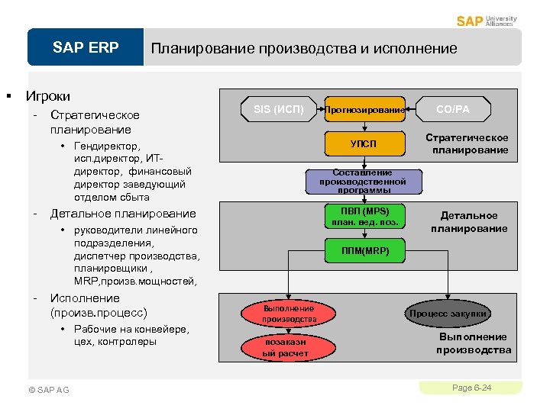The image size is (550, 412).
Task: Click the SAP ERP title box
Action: (86, 48)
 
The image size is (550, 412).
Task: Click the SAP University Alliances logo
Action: (487, 21)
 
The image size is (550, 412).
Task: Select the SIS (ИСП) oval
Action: (278, 110)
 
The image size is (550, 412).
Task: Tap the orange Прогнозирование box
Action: (364, 110)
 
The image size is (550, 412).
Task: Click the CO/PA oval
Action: (453, 110)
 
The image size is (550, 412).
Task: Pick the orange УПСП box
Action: (364, 143)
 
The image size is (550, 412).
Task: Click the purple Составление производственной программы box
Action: (363, 182)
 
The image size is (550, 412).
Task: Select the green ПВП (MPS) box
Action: (364, 216)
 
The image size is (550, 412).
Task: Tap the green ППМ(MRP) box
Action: (364, 251)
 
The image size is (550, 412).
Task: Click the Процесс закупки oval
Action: (448, 313)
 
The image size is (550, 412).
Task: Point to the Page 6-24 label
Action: (471, 388)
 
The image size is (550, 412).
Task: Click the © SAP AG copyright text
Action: (48, 390)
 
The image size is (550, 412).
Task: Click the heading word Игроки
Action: (48, 96)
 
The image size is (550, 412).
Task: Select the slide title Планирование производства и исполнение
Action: (304, 49)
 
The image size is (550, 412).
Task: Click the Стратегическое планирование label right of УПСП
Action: (467, 143)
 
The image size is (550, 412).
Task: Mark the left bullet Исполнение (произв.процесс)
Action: (98, 305)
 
